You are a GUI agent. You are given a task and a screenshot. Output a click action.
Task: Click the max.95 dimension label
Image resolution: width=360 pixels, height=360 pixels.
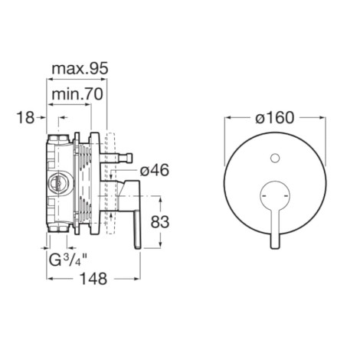(x=80, y=69)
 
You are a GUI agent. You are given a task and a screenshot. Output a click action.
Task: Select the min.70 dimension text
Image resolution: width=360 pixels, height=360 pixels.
(x=77, y=94)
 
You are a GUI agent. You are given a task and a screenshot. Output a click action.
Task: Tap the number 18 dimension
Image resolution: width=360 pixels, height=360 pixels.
(x=25, y=118)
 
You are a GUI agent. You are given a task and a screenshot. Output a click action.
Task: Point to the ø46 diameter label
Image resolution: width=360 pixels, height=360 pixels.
(x=155, y=170)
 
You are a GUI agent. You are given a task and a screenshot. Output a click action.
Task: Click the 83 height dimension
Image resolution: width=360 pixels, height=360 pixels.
(x=160, y=221)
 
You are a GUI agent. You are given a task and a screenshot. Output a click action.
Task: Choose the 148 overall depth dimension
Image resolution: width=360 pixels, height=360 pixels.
(x=93, y=279)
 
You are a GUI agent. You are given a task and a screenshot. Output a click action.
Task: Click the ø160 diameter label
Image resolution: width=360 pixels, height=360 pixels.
(x=275, y=118)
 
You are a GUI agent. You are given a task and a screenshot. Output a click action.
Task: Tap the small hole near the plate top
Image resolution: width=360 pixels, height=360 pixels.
(x=275, y=159)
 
